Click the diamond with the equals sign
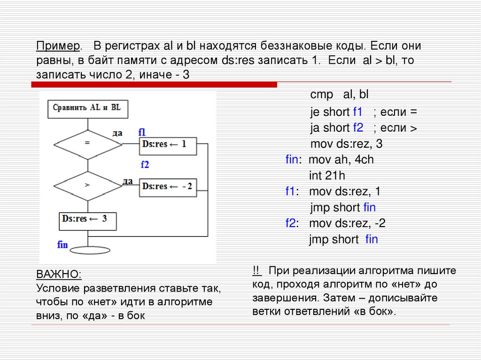(x=87, y=144)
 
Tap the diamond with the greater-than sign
(x=87, y=185)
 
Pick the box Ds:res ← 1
(x=168, y=145)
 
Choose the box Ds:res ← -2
(x=168, y=187)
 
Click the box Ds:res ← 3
(x=87, y=220)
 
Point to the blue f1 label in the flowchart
(x=142, y=132)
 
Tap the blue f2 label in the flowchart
(x=145, y=164)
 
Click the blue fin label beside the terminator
(x=62, y=245)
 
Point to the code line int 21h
(x=327, y=176)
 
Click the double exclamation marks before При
(x=256, y=271)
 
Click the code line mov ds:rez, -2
(x=347, y=223)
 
